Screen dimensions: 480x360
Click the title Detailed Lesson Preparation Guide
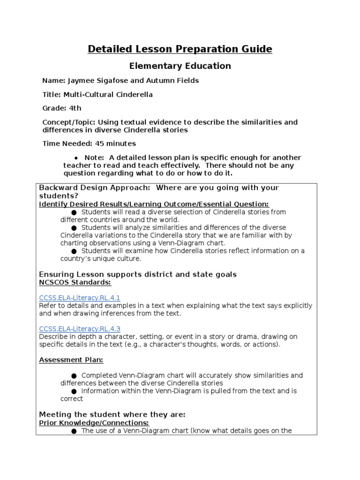[x=180, y=49]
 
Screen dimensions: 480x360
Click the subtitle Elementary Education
[x=180, y=66]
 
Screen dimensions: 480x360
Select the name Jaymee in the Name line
[x=77, y=81]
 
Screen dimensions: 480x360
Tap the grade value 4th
[x=75, y=108]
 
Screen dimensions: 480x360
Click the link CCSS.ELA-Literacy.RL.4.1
[x=80, y=298]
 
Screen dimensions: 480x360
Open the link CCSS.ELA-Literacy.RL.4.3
[x=80, y=329]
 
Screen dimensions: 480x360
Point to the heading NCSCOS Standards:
[x=75, y=282]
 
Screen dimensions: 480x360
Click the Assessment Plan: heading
[x=71, y=360]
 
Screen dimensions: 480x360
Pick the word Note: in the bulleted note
[x=94, y=157]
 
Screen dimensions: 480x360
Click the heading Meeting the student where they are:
[x=112, y=414]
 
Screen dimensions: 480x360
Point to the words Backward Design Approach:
[x=95, y=187]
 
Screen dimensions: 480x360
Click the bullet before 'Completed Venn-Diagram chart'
[x=74, y=375]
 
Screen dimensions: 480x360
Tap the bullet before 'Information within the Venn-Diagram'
[x=74, y=391]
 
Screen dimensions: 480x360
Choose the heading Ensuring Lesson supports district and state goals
[x=138, y=274]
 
